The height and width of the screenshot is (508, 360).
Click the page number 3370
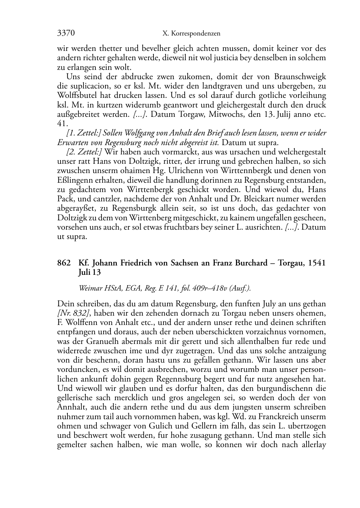pos(66,34)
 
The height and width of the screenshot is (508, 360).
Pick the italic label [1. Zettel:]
pos(84,133)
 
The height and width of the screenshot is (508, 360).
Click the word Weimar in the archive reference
pos(90,288)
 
